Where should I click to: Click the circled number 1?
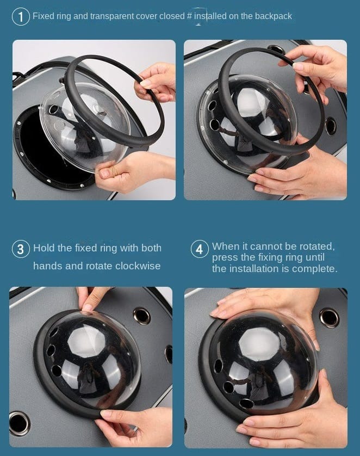pos(21,17)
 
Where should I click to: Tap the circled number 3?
pos(21,249)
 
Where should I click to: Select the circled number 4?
pos(200,249)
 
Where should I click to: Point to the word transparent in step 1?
pos(112,16)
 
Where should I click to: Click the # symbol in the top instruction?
pos(189,16)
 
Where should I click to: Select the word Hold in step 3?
pos(44,248)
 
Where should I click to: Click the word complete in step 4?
pos(314,269)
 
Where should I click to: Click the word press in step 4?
pos(224,258)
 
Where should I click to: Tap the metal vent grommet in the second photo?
pos(331,126)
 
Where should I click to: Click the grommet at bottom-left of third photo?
pos(18,423)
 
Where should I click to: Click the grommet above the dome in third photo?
pos(142,316)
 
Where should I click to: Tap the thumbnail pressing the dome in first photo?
pos(104,174)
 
